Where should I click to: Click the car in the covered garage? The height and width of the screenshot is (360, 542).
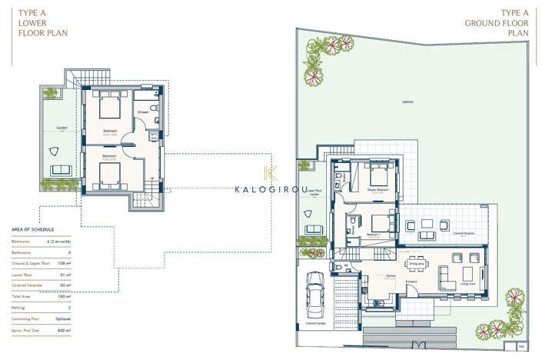coord(314,295)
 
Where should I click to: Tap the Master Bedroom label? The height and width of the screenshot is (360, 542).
coord(377,189)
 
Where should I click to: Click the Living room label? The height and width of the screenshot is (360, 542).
coord(467,284)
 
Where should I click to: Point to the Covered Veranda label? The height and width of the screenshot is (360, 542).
coord(464,232)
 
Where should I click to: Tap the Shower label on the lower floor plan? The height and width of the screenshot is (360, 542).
coord(142,112)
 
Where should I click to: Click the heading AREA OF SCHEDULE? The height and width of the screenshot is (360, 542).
coord(34,229)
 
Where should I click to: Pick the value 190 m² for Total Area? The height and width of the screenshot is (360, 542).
coord(65,295)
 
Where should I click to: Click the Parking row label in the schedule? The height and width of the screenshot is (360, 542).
coord(18,307)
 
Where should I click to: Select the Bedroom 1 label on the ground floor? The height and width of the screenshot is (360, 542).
coord(374,235)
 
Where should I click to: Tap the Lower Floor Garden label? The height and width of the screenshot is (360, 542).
coord(314,194)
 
